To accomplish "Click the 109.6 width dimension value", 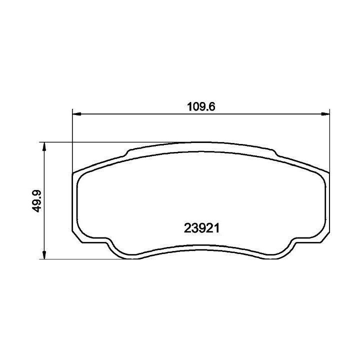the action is pyautogui.click(x=201, y=107).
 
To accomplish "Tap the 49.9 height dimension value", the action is pyautogui.click(x=36, y=201).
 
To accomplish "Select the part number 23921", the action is pyautogui.click(x=201, y=228).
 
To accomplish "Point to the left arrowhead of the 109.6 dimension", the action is pyautogui.click(x=76, y=114).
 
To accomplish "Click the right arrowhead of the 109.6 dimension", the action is pyautogui.click(x=325, y=114).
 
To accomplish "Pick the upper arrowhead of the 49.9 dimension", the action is pyautogui.click(x=44, y=146).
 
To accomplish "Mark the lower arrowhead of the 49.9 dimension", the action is pyautogui.click(x=44, y=255).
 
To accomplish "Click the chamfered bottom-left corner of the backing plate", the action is pyautogui.click(x=77, y=237).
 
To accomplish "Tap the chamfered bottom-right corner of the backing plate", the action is pyautogui.click(x=324, y=237).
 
